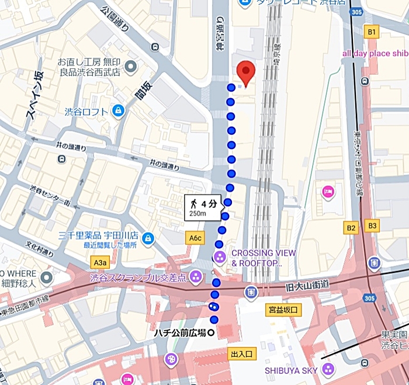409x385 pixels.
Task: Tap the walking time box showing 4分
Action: point(203,207)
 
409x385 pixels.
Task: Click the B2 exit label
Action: point(351,227)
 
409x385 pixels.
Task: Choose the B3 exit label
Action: point(372,226)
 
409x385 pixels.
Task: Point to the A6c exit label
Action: point(195,238)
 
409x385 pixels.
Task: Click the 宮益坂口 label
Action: point(283,309)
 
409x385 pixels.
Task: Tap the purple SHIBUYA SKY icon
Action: point(328,369)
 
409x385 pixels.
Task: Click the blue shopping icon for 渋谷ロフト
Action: point(119,110)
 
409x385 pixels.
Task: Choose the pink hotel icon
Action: point(327,190)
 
